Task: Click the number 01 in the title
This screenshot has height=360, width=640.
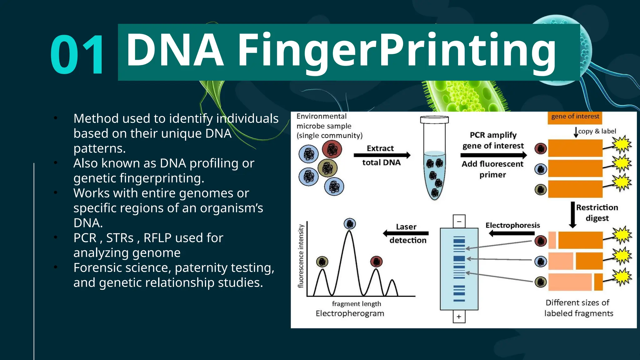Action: (x=77, y=55)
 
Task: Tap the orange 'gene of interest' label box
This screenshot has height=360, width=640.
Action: (x=575, y=117)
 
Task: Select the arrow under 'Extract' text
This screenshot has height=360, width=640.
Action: (x=382, y=155)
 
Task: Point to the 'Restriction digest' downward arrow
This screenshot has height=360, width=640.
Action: (x=572, y=215)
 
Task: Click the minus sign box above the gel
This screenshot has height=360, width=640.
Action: (x=459, y=222)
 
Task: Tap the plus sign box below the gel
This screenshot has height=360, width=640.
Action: (x=459, y=317)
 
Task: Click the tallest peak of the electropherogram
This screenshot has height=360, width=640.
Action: (x=349, y=233)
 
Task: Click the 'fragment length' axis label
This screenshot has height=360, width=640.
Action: (x=356, y=304)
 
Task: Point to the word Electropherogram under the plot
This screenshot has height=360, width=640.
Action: (x=350, y=313)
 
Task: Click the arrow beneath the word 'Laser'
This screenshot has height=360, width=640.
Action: (x=406, y=233)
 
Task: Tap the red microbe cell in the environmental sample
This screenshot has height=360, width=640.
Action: (x=332, y=149)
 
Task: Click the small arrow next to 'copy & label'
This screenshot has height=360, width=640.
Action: (x=576, y=132)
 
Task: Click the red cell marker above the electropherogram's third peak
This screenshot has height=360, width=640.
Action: (x=376, y=261)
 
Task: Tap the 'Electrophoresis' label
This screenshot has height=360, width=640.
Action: (x=512, y=225)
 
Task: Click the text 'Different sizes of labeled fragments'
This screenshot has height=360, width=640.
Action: (x=578, y=308)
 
